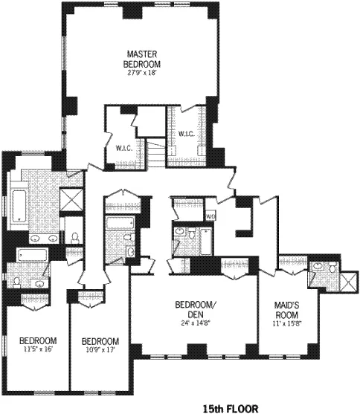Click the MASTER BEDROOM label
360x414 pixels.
pos(140,58)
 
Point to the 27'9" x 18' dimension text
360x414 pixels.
pos(140,71)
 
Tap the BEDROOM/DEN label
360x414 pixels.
pos(195,310)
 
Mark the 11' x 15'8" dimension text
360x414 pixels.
pos(287,323)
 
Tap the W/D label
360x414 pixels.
pos(210,216)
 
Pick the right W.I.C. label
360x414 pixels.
pos(186,134)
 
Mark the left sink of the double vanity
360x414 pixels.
pos(34,238)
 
